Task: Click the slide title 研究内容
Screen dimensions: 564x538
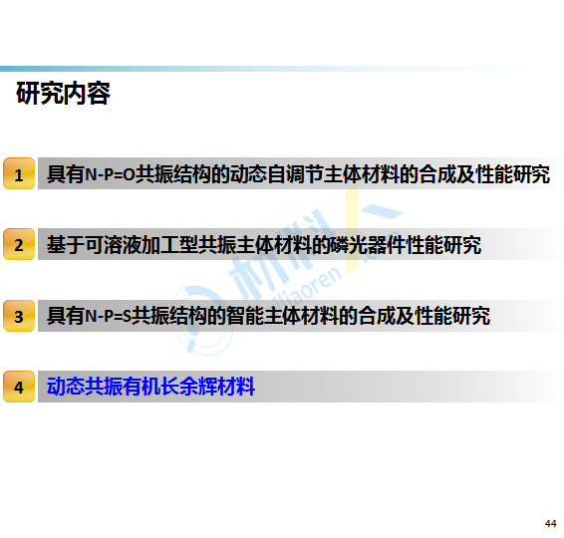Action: [64, 94]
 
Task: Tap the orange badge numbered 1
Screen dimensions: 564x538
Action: [19, 173]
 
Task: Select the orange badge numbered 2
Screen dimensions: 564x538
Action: [19, 244]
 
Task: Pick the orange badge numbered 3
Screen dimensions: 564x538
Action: [19, 316]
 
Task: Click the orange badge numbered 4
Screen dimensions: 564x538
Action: [19, 387]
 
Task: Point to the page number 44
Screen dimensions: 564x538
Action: [550, 524]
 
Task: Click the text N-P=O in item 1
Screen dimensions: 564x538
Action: [110, 174]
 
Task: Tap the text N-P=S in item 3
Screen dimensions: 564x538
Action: [108, 317]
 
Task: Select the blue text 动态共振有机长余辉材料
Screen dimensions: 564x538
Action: [151, 387]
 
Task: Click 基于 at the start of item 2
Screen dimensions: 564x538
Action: [66, 245]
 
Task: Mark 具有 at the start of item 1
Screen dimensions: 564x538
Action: [66, 174]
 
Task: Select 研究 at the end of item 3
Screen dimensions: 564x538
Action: [471, 316]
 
